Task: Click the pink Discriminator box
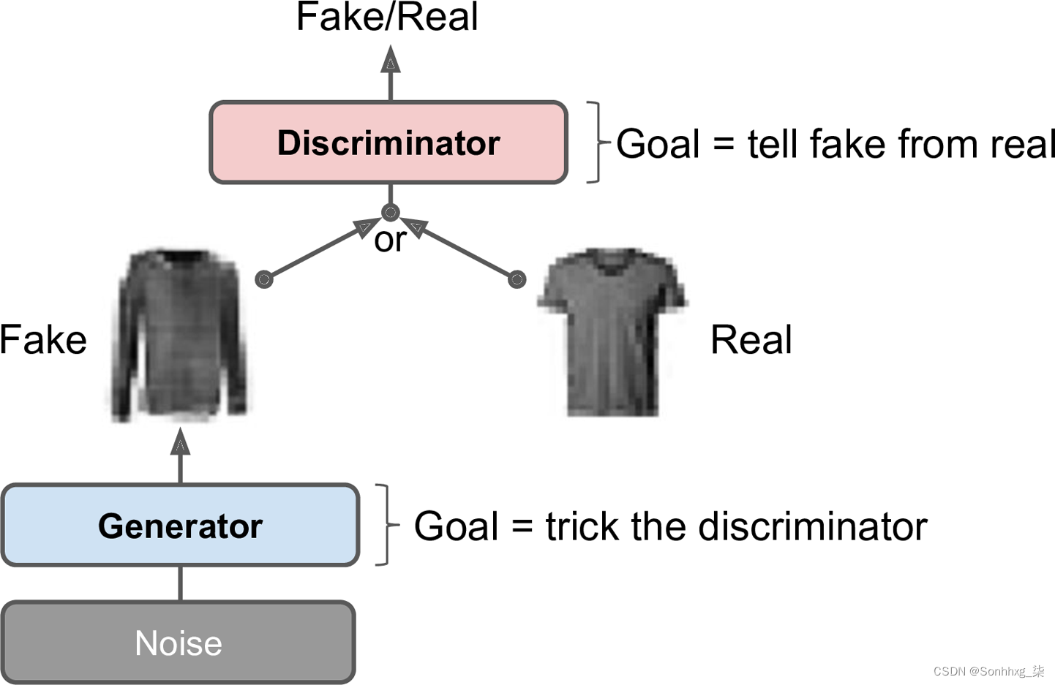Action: point(388,143)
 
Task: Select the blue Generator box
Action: point(180,525)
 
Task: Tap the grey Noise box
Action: point(179,643)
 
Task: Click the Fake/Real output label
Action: point(387,17)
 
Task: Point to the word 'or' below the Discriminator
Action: point(389,240)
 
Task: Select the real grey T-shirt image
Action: point(612,333)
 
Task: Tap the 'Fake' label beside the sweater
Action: point(43,340)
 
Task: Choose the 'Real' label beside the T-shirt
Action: point(751,340)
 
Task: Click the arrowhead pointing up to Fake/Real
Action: point(391,60)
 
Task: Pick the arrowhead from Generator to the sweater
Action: point(181,443)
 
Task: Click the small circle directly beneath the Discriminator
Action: point(391,213)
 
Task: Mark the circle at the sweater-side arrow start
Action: point(264,279)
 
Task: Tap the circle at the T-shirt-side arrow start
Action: point(517,279)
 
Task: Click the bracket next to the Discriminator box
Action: point(597,143)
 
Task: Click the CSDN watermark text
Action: point(988,671)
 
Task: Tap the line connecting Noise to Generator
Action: point(181,583)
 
